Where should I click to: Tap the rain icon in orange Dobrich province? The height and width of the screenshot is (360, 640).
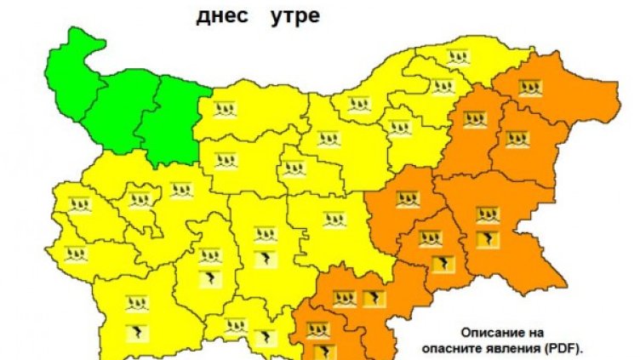coord(531,87)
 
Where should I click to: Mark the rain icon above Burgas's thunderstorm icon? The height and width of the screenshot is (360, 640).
coord(488,214)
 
